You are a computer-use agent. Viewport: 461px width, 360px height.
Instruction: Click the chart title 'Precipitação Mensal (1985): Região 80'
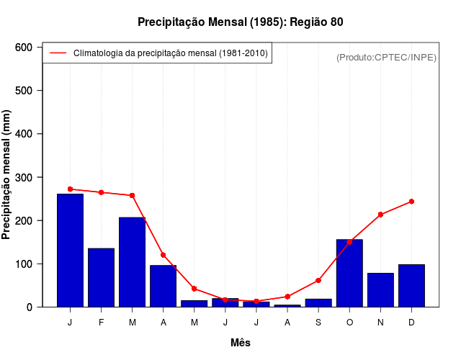coord(240,22)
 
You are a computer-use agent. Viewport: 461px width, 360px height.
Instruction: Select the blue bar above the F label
coord(101,277)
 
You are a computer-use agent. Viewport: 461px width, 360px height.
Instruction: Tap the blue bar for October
coord(349,273)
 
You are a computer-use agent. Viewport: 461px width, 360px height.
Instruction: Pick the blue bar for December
coord(411,285)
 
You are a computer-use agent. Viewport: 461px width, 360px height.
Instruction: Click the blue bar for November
coord(380,289)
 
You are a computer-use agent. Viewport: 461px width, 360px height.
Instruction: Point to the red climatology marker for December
coord(411,202)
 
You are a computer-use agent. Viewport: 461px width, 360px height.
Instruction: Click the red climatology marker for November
coord(380,215)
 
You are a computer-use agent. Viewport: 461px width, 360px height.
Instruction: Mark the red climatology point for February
coord(101,192)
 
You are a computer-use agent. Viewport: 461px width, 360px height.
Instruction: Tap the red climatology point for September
coord(318,280)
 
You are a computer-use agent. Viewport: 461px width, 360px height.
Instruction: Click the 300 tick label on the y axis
coord(24,177)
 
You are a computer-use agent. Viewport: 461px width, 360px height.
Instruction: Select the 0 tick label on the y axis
coord(30,307)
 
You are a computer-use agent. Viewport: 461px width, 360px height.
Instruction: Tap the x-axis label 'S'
coord(318,323)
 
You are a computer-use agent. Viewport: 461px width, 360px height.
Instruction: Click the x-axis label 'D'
coord(411,323)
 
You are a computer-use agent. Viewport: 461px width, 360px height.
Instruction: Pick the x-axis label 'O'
coord(349,323)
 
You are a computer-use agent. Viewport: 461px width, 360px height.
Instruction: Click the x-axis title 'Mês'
coord(240,343)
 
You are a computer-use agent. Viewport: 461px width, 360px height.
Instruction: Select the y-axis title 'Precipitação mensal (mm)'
coord(7,175)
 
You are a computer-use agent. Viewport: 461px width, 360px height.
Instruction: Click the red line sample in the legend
coord(58,53)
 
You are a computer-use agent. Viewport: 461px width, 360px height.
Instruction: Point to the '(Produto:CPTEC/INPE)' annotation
coord(386,58)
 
